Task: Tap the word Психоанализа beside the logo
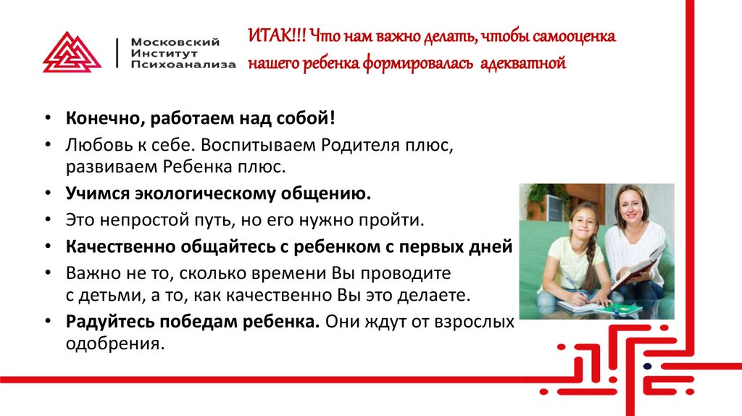[x=183, y=64]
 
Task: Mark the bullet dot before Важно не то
[x=49, y=274]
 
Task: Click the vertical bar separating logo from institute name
[x=117, y=52]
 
